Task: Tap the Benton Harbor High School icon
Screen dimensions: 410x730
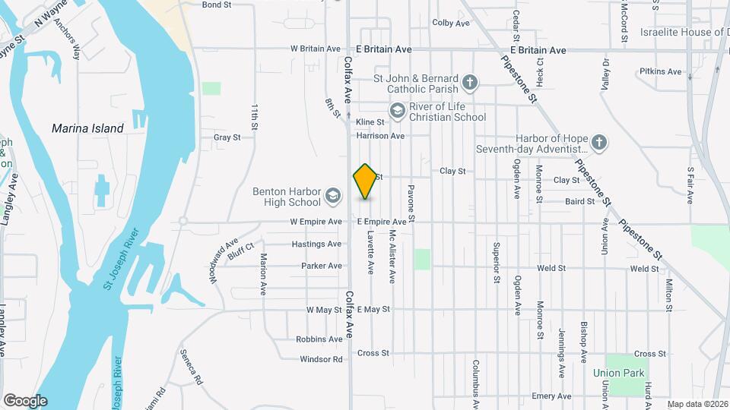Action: pyautogui.click(x=332, y=197)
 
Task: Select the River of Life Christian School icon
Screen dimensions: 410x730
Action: pyautogui.click(x=396, y=112)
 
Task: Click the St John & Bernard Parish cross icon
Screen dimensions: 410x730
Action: pyautogui.click(x=471, y=83)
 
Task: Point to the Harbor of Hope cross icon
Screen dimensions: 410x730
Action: pyautogui.click(x=599, y=143)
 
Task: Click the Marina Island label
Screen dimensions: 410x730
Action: pyautogui.click(x=87, y=128)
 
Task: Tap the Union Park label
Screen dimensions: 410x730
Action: pyautogui.click(x=619, y=373)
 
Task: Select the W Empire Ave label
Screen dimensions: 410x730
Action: pyautogui.click(x=316, y=222)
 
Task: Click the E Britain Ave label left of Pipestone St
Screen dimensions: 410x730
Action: pyautogui.click(x=383, y=49)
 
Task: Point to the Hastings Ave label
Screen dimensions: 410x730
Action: pyautogui.click(x=316, y=244)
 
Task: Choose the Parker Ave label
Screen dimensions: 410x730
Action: pyautogui.click(x=322, y=266)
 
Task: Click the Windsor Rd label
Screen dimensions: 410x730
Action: pyautogui.click(x=322, y=359)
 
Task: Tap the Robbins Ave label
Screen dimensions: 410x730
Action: pyautogui.click(x=319, y=339)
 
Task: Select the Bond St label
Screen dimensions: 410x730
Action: pyautogui.click(x=217, y=5)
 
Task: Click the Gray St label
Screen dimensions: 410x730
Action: pyautogui.click(x=227, y=137)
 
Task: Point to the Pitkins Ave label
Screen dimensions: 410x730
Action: pyautogui.click(x=661, y=71)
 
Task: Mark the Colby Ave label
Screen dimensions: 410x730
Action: pyautogui.click(x=451, y=23)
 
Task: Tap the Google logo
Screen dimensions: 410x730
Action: pyautogui.click(x=25, y=401)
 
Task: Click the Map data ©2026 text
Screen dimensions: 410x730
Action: pyautogui.click(x=697, y=404)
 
